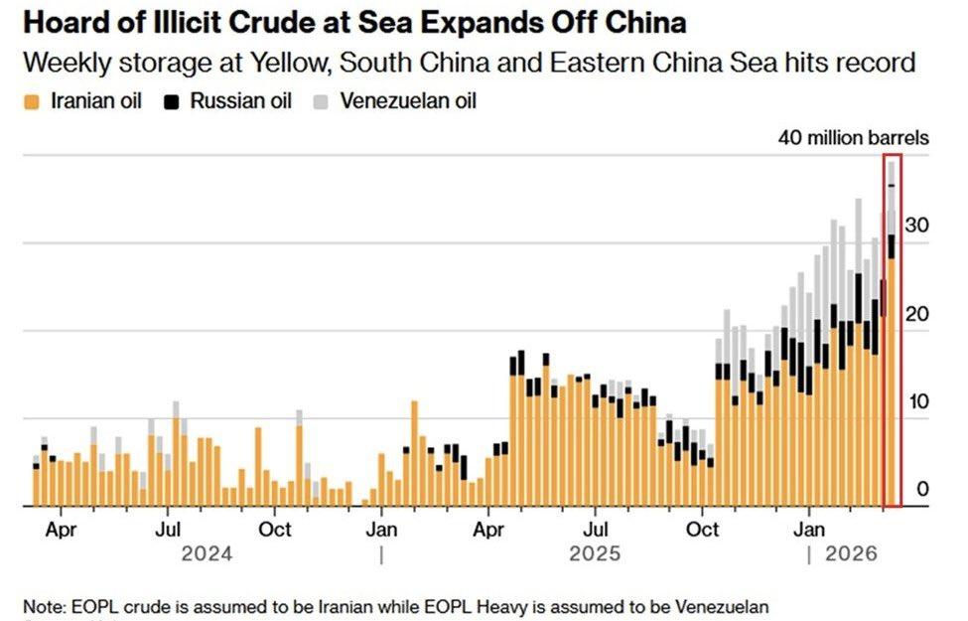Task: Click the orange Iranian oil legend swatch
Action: tap(32, 101)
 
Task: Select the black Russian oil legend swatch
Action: tap(172, 101)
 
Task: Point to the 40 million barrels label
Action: tap(853, 138)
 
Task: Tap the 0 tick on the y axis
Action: tap(922, 489)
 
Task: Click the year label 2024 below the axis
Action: tap(207, 554)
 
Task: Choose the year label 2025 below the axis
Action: tap(595, 554)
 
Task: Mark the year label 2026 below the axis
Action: tap(852, 554)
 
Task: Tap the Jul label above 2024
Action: tap(168, 530)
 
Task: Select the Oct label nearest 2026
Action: tap(703, 530)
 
